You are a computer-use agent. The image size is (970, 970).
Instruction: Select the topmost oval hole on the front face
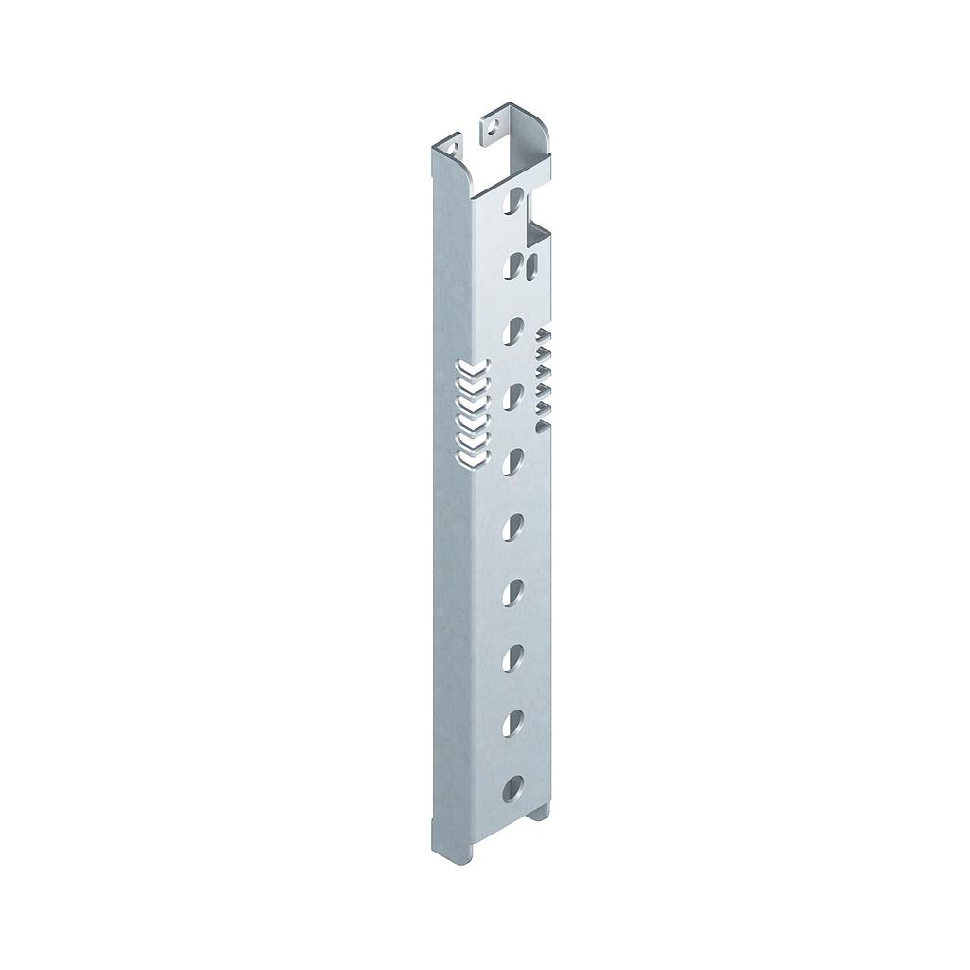pos(514,199)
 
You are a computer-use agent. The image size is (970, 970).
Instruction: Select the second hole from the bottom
pos(512,723)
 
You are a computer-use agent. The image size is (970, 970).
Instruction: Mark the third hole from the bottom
pos(513,656)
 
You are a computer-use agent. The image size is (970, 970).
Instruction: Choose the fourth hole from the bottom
pos(513,591)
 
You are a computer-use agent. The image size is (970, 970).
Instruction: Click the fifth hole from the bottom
pos(513,526)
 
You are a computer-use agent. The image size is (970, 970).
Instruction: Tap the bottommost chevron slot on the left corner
pos(471,460)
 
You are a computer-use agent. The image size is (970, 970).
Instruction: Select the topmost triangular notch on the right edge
pos(544,335)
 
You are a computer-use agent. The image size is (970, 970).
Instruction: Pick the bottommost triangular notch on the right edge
pos(544,410)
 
